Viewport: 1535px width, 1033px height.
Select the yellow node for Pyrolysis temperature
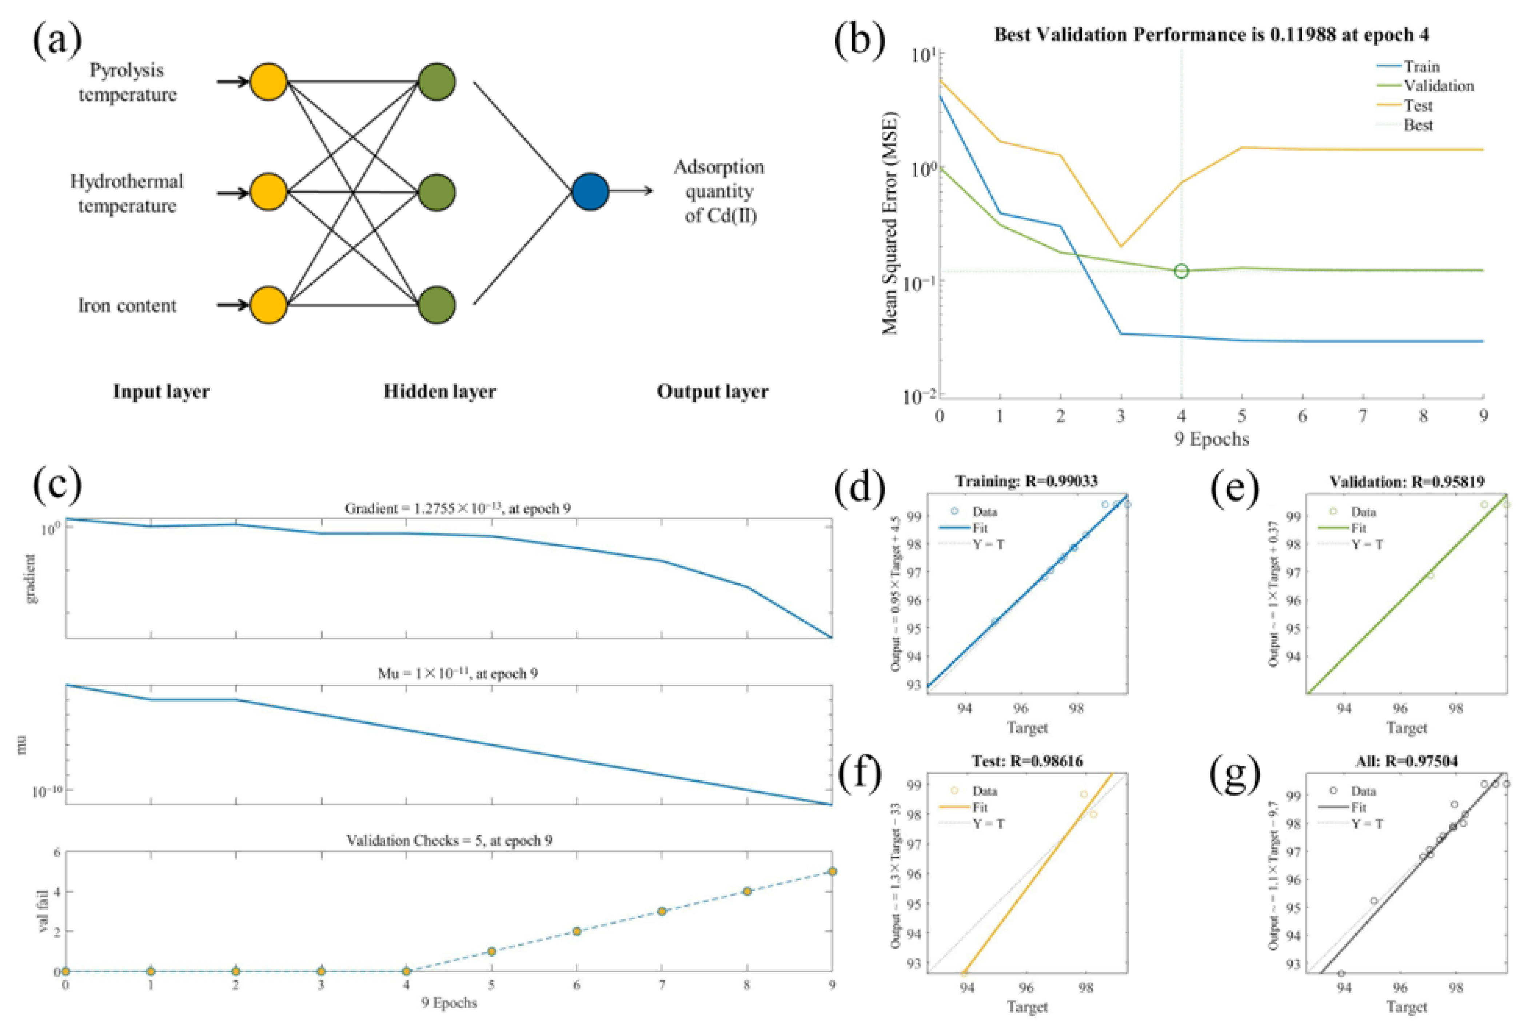(268, 82)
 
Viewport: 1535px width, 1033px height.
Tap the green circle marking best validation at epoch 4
(1181, 271)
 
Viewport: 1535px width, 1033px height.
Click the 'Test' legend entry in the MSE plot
(1417, 105)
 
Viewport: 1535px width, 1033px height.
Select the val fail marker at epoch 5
(491, 951)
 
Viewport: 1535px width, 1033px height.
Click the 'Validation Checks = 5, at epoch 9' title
(449, 841)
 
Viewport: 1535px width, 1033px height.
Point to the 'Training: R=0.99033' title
(1027, 481)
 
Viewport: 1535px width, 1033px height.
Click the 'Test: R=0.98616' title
(1027, 761)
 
